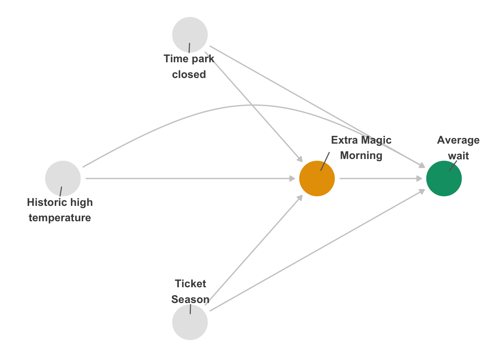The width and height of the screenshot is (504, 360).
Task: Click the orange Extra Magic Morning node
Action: click(x=317, y=178)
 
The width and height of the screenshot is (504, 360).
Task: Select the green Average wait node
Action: click(x=444, y=178)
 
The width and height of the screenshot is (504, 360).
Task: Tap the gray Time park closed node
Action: click(x=190, y=34)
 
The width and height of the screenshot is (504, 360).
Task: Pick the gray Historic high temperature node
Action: click(x=63, y=178)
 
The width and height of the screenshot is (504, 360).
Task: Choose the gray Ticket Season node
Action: click(x=190, y=322)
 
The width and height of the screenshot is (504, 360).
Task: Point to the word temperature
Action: click(x=60, y=218)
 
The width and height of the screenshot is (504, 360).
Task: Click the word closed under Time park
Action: click(x=189, y=75)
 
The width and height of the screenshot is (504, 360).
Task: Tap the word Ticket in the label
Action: click(x=190, y=283)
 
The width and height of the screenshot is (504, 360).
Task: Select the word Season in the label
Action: click(x=190, y=299)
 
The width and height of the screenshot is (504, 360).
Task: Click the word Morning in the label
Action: click(x=361, y=156)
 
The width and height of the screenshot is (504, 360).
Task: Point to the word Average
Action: click(x=458, y=140)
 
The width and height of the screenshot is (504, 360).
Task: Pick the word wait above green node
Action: click(x=458, y=156)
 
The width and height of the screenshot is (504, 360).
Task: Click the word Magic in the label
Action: click(x=376, y=140)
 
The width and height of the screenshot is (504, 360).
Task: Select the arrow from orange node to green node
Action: click(x=381, y=178)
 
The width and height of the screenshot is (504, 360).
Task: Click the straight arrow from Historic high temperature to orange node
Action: click(x=190, y=178)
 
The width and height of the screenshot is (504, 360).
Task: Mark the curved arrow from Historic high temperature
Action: click(x=254, y=105)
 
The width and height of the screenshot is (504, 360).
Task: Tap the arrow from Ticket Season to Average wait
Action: click(x=317, y=250)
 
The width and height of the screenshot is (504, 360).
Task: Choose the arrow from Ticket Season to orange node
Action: click(x=254, y=250)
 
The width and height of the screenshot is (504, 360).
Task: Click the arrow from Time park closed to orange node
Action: click(x=254, y=107)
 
